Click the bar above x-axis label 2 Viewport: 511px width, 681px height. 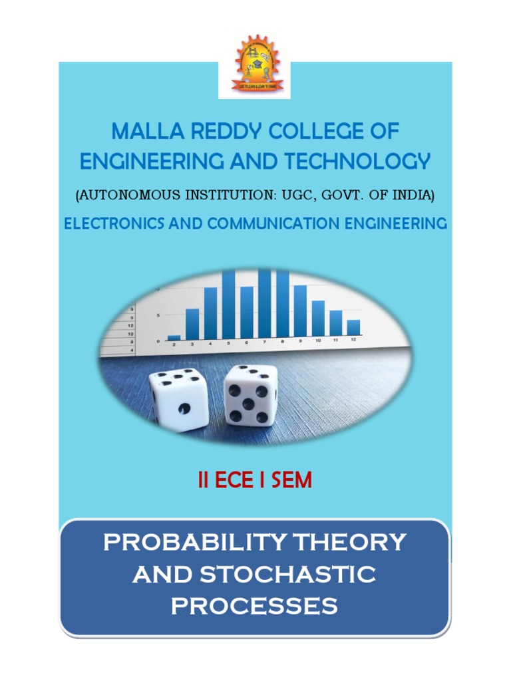click(x=174, y=337)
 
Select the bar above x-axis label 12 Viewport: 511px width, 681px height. click(x=353, y=327)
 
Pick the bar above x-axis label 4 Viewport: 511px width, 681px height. click(x=210, y=313)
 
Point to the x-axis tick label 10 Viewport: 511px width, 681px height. click(x=318, y=340)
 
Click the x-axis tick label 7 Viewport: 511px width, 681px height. click(x=265, y=342)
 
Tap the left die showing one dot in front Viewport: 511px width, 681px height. click(x=178, y=400)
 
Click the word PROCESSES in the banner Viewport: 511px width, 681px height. click(x=254, y=605)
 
